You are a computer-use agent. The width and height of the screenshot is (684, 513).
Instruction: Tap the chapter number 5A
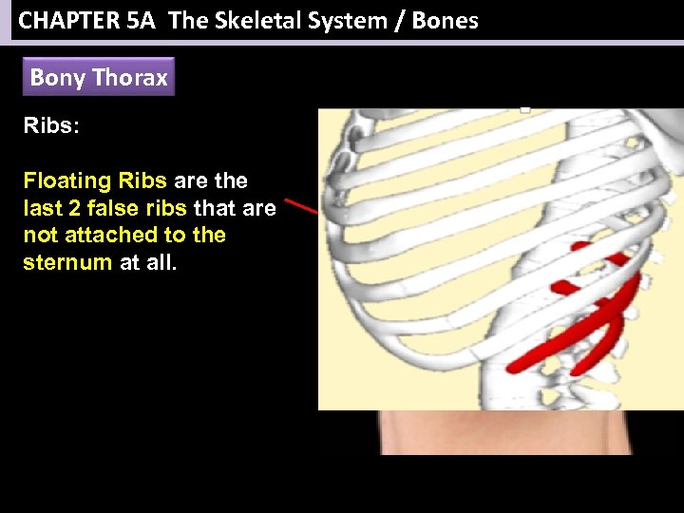point(140,20)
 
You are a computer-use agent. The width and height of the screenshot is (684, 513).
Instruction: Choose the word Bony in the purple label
point(57,78)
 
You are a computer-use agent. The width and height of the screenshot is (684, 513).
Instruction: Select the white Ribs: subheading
point(48,127)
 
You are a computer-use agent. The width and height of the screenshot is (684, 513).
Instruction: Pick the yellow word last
point(41,208)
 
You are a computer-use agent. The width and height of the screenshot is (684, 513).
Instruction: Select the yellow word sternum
point(67,261)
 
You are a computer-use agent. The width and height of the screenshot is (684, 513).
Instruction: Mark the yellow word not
point(40,235)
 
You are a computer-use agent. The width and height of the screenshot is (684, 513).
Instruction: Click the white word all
point(161,261)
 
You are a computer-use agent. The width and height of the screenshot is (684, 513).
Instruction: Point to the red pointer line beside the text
point(303,207)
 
